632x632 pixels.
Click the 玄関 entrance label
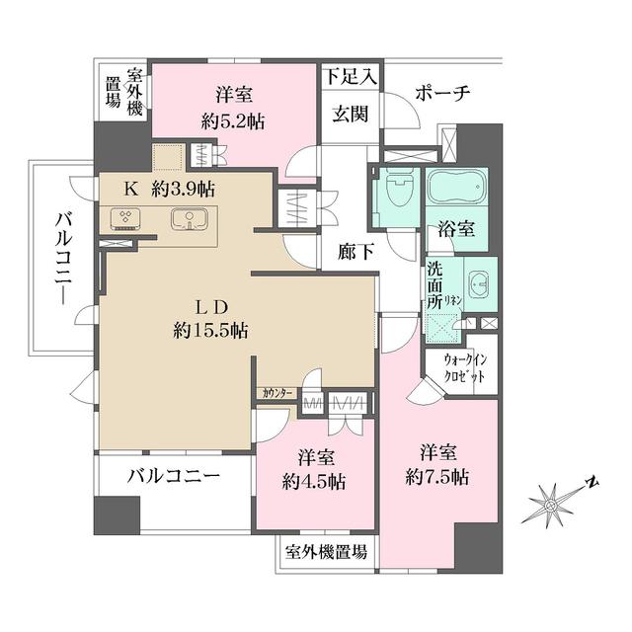pos(350,114)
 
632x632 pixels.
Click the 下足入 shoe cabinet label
pos(350,75)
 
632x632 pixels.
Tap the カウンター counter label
pos(276,393)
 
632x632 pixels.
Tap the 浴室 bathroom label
pos(457,229)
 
